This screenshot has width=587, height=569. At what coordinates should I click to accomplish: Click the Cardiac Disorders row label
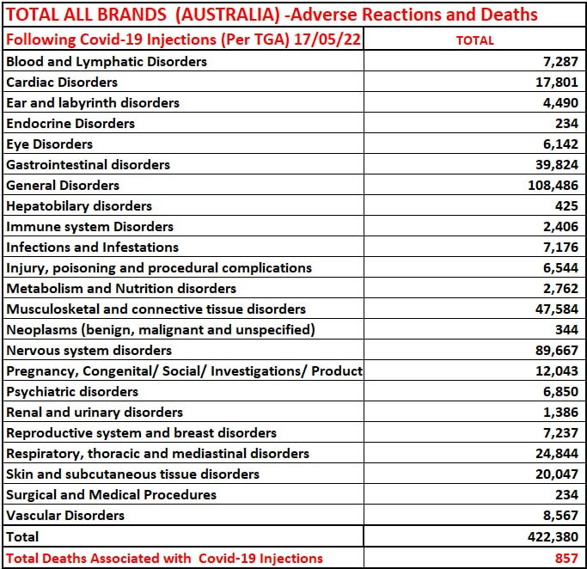(x=62, y=83)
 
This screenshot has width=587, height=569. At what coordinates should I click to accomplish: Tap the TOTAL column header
(x=474, y=40)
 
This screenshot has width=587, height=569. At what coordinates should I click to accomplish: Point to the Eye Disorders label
(x=49, y=144)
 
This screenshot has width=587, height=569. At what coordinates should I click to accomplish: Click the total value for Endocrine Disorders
(x=566, y=124)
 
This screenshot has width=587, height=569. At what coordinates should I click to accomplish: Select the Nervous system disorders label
(x=89, y=351)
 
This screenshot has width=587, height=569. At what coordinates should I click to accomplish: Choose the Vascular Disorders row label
(x=65, y=516)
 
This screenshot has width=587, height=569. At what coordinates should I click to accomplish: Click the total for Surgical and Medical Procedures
(x=566, y=495)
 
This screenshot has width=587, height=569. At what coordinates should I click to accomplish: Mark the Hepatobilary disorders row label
(x=79, y=206)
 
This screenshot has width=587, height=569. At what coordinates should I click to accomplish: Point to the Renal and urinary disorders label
(x=95, y=413)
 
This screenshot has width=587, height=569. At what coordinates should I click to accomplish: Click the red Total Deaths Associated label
(x=164, y=558)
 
